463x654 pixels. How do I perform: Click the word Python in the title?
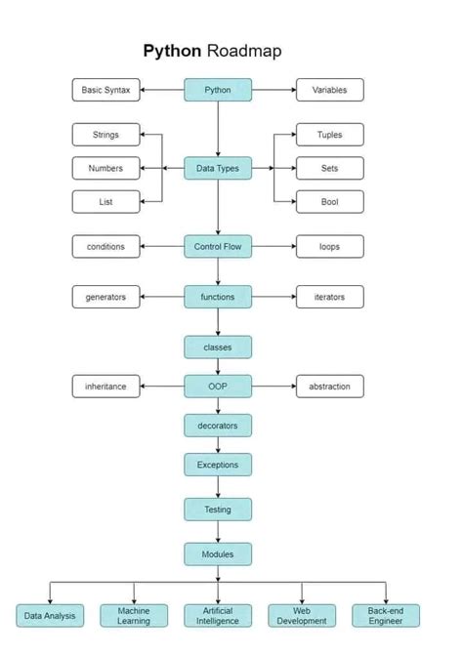click(172, 51)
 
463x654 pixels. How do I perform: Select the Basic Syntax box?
click(105, 90)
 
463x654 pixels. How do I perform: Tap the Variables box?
click(329, 90)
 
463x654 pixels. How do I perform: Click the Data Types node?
click(218, 168)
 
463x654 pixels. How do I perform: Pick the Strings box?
click(105, 135)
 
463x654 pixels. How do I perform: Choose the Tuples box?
click(329, 135)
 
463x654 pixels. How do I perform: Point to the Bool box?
click(329, 202)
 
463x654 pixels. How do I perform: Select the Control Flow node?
click(218, 247)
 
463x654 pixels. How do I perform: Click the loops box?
click(329, 247)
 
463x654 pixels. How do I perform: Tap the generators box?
click(105, 297)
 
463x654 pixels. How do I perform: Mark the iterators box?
click(329, 297)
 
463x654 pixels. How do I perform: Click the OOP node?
click(218, 387)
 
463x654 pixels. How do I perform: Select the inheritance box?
click(105, 387)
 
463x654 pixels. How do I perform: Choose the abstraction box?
click(329, 387)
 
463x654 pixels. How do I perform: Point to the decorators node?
click(218, 426)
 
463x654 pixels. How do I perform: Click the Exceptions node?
click(218, 465)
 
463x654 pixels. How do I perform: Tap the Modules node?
click(218, 554)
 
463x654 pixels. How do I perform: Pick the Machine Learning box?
click(134, 616)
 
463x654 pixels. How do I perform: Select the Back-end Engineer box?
click(385, 616)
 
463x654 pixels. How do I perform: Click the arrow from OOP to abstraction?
click(274, 387)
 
